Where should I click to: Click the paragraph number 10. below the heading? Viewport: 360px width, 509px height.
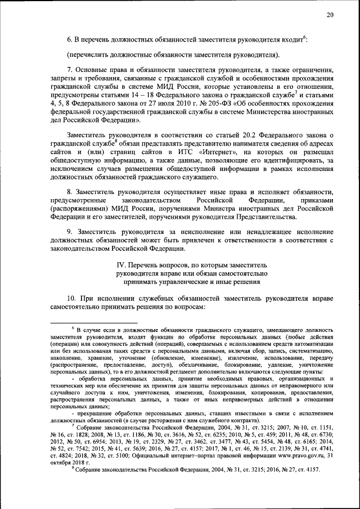71,296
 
